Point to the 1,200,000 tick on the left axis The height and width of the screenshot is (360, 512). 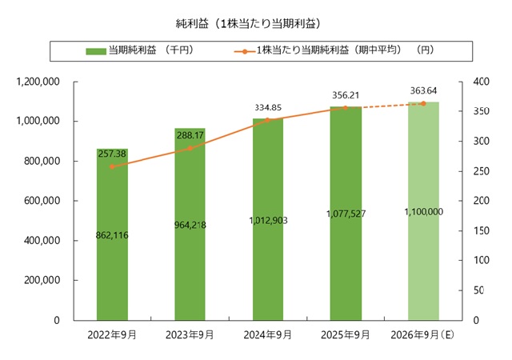pyautogui.click(x=40, y=82)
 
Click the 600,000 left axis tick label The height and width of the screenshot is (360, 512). pyautogui.click(x=43, y=201)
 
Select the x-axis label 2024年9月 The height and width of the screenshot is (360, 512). pyautogui.click(x=268, y=334)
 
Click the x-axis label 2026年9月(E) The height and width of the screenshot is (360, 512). pyautogui.click(x=424, y=334)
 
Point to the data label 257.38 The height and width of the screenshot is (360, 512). pyautogui.click(x=113, y=153)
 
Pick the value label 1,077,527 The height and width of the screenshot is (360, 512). pyautogui.click(x=346, y=214)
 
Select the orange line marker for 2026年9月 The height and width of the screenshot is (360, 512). pyautogui.click(x=424, y=103)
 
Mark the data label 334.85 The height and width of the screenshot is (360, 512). pyautogui.click(x=268, y=107)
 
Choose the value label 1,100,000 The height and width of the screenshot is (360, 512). pyautogui.click(x=424, y=211)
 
